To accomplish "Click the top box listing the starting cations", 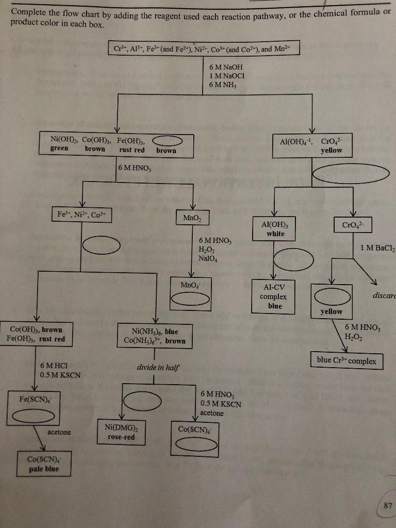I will [204, 49].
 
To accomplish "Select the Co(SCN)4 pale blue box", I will [43, 464].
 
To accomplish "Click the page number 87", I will [388, 506].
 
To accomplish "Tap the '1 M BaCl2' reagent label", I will [377, 247].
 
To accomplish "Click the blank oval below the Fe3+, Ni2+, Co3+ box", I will [101, 246].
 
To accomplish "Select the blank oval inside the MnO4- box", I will [190, 299].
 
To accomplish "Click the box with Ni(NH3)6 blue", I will [155, 336].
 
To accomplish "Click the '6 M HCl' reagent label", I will [54, 365].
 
